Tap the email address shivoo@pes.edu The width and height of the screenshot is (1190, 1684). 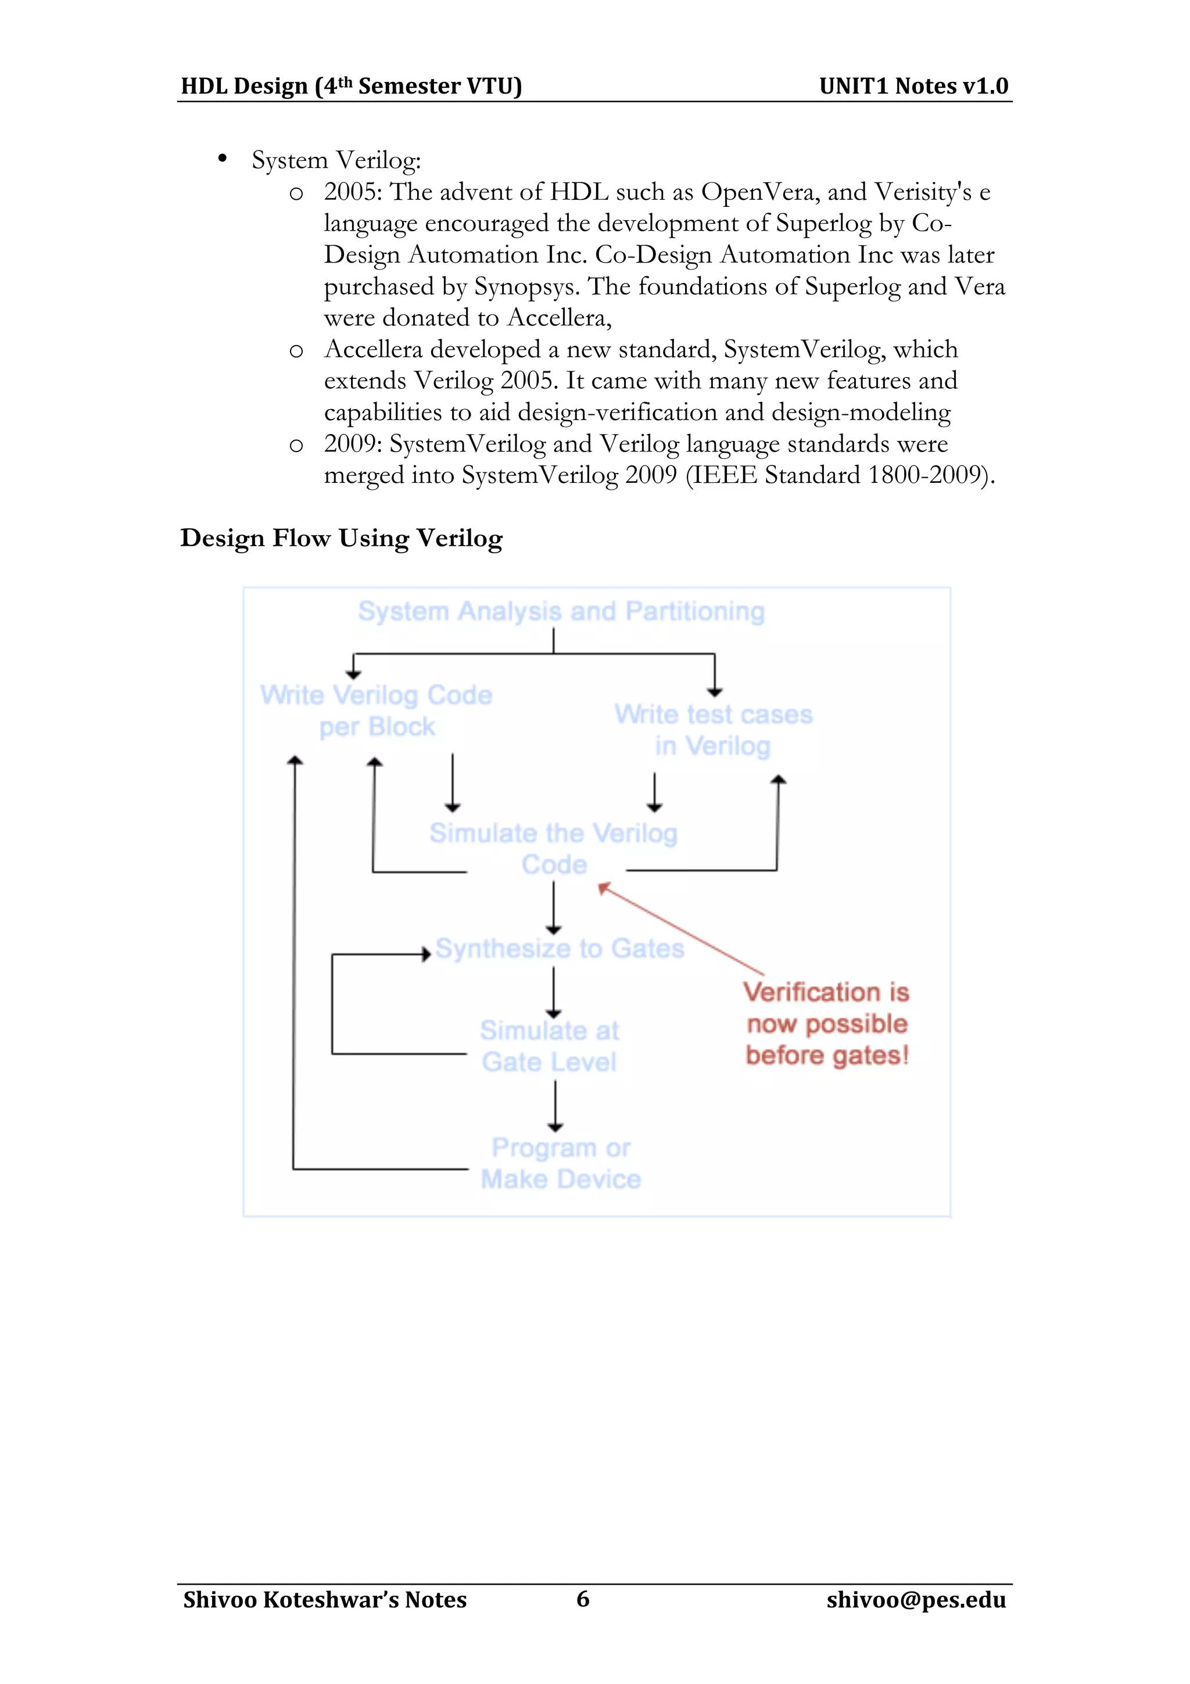pos(916,1600)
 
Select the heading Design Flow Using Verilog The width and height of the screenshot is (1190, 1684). pos(342,538)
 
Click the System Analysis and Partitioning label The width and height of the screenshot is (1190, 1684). pos(561,611)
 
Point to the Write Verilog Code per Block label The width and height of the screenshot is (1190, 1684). pos(376,711)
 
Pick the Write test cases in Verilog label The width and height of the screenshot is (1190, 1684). pos(714,730)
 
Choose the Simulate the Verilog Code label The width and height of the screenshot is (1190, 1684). pos(554,848)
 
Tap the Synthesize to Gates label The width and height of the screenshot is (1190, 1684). pos(560,948)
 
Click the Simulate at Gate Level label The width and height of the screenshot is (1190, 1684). pos(549,1046)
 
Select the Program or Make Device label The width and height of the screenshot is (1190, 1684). pos(561,1163)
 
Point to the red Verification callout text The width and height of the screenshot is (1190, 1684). pos(827,1024)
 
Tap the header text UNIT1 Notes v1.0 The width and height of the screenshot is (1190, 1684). pos(913,87)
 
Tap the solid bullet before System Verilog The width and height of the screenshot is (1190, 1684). pos(222,159)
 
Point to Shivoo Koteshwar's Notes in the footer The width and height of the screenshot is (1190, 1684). pos(325,1600)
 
